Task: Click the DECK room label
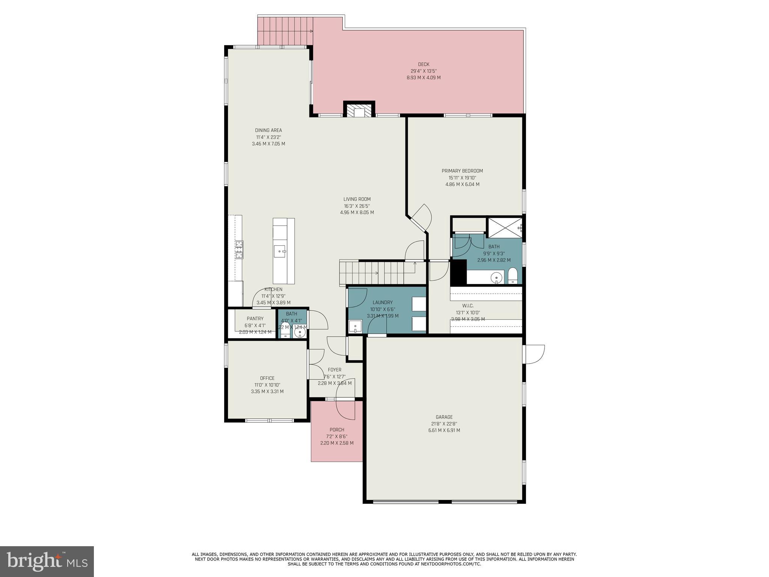point(424,64)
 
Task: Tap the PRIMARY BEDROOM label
point(462,171)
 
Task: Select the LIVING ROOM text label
point(357,199)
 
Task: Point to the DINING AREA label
point(268,130)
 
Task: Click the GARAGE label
point(444,417)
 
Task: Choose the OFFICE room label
point(267,378)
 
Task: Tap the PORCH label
point(337,430)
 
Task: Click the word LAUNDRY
point(383,302)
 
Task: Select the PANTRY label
point(255,319)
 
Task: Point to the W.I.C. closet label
point(467,306)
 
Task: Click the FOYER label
point(335,370)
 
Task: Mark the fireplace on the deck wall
point(359,110)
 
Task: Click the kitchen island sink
point(280,251)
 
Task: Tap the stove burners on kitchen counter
point(239,249)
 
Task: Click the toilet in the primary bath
point(513,276)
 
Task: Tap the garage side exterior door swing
point(535,354)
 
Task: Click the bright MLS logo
point(47,562)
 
